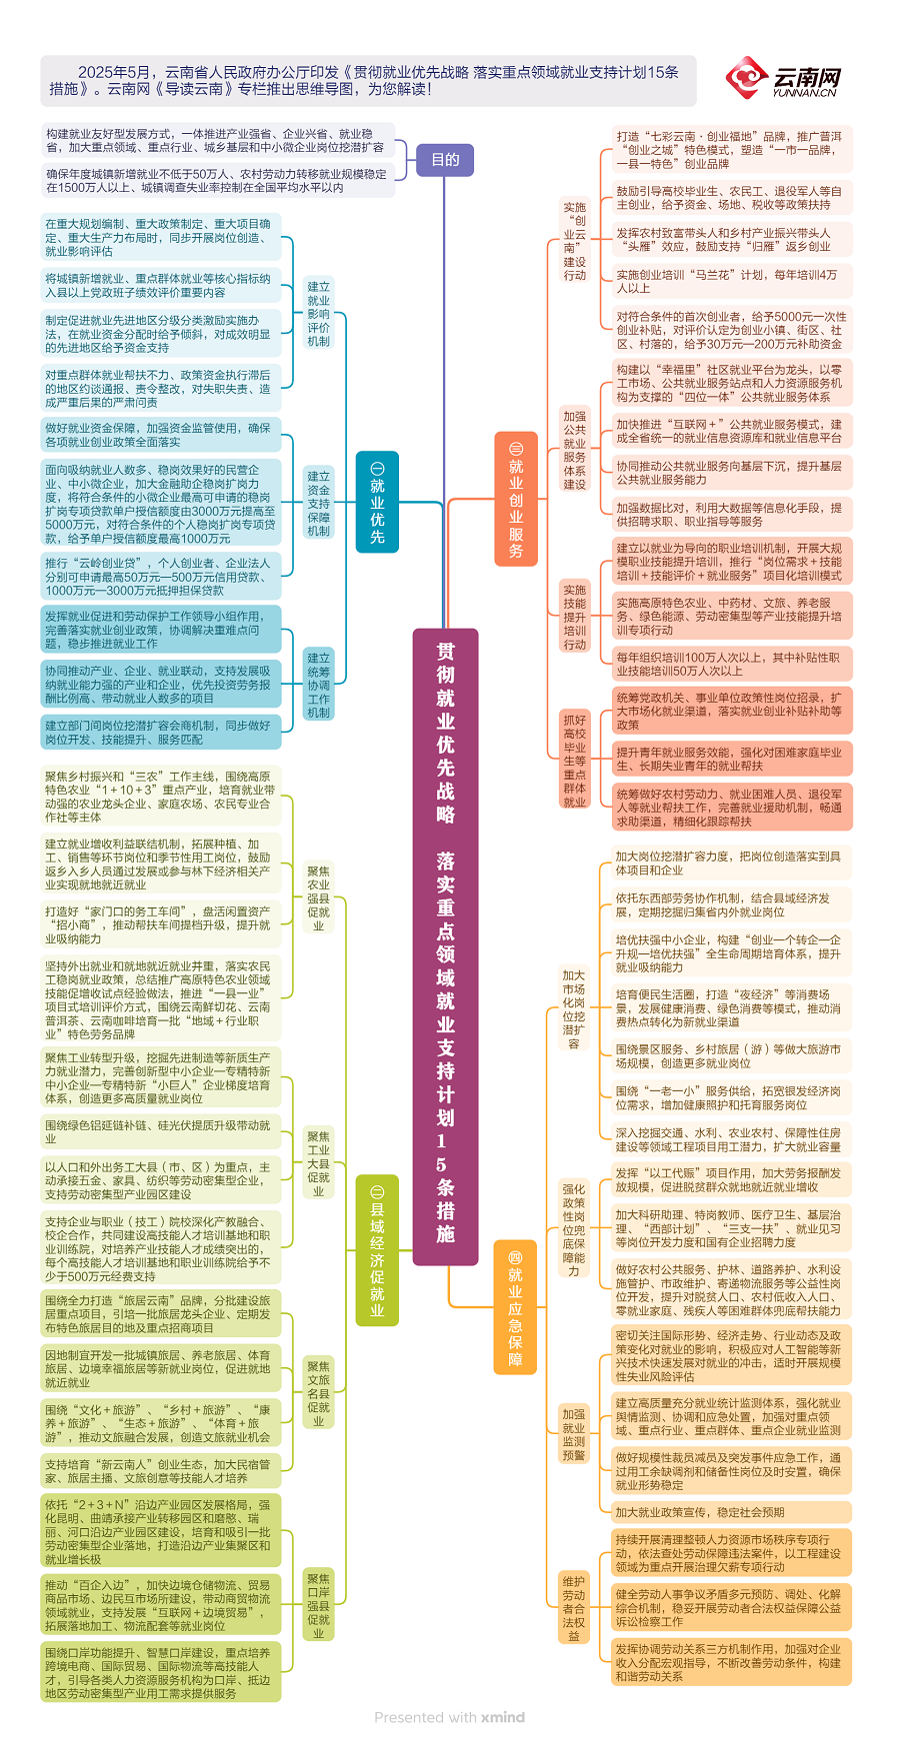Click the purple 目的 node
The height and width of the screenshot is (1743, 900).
tap(445, 160)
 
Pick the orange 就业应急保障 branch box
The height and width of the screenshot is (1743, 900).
tap(515, 1308)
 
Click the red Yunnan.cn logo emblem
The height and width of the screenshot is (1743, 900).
tap(747, 77)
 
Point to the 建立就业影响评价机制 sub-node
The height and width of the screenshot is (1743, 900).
tap(318, 314)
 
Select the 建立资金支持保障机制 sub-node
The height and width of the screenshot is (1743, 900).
tap(318, 504)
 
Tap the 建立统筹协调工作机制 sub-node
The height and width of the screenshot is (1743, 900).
tap(318, 686)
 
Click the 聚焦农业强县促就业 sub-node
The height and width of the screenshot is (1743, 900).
tap(318, 898)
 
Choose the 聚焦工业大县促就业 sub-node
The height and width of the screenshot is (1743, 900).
tap(318, 1163)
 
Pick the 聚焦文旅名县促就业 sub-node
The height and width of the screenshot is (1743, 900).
tap(318, 1393)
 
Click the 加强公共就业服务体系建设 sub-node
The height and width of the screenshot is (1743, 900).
tap(575, 450)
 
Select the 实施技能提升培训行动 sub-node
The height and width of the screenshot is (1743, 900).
tap(575, 618)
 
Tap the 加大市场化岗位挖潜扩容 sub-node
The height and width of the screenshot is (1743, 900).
tap(574, 1009)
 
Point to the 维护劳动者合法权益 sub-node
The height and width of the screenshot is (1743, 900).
tap(574, 1608)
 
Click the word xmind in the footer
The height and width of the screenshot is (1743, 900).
tap(502, 1717)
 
